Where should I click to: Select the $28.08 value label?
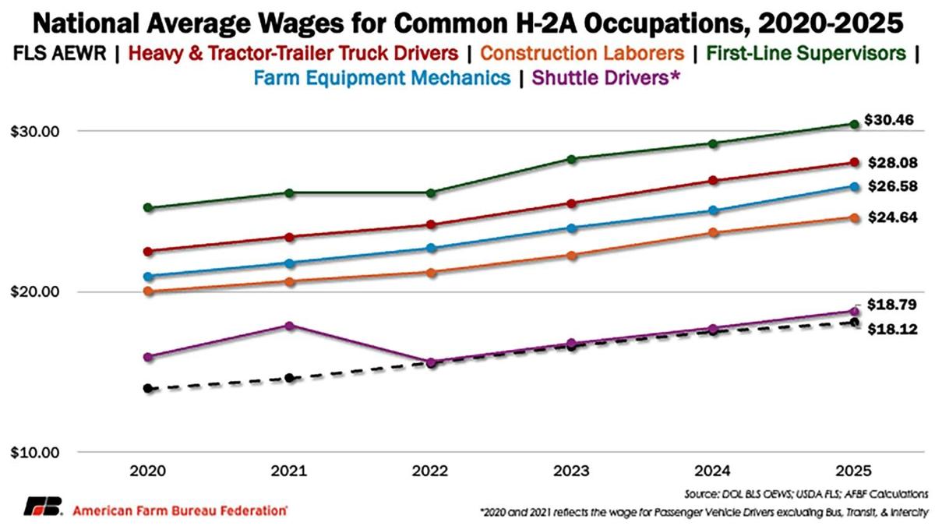(x=893, y=163)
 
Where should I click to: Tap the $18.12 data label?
(x=893, y=330)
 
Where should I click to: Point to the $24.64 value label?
(x=893, y=218)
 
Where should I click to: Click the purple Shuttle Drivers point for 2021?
(x=290, y=326)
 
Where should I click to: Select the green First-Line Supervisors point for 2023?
(x=572, y=159)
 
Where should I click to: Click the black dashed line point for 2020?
(x=147, y=388)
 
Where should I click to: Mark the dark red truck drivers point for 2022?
(x=431, y=224)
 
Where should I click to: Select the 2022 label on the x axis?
(x=431, y=472)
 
